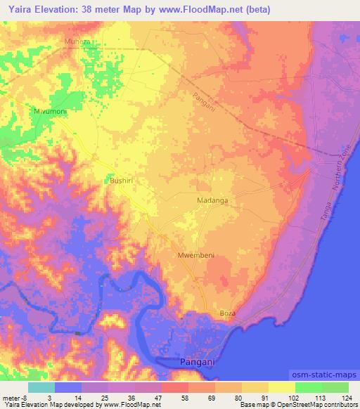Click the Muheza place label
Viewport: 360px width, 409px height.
tap(78, 42)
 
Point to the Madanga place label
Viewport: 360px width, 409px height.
tap(212, 200)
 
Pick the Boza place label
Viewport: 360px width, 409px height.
tap(227, 313)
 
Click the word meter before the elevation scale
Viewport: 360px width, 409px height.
tap(11, 398)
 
